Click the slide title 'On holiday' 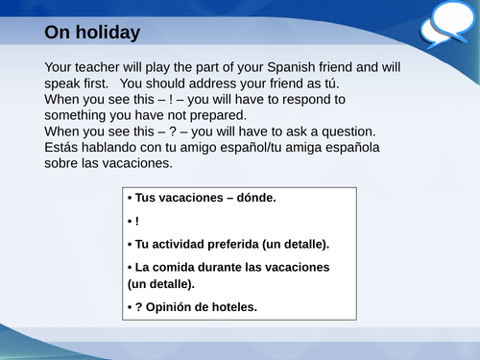[92, 33]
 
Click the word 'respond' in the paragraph [318, 99]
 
